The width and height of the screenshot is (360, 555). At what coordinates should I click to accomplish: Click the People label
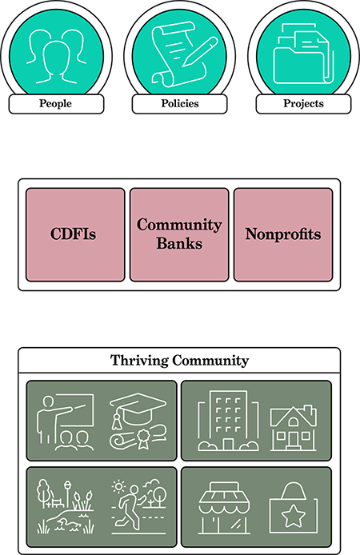coord(55,103)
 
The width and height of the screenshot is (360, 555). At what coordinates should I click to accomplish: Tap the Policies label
coord(180,103)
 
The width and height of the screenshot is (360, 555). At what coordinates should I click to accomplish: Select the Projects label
coord(303,103)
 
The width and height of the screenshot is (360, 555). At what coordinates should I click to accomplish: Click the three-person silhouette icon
coord(56,56)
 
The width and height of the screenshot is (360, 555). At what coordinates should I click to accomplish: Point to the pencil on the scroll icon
coord(200,51)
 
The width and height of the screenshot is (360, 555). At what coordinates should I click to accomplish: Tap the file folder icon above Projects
coord(303,54)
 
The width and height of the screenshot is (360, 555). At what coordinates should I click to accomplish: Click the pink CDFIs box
coord(75,234)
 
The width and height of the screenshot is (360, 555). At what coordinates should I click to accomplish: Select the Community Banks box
coord(179,234)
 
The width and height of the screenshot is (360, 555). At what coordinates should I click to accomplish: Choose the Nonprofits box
coord(283,234)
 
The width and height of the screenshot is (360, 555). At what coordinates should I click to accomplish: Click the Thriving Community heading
coord(179,361)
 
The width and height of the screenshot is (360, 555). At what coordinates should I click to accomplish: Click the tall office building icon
coord(228,421)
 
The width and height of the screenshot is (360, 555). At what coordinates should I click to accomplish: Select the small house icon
coord(294,429)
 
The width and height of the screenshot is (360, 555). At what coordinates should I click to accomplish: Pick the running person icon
coord(130,509)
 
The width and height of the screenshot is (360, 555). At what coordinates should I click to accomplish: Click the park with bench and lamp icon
coord(66,506)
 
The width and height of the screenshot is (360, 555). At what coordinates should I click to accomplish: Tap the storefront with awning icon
coord(224,509)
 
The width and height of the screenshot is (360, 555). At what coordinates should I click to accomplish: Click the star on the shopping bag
coord(293,516)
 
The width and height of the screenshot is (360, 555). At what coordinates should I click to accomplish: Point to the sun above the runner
coord(118,487)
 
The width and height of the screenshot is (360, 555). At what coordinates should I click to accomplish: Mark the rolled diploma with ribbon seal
coord(138,437)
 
